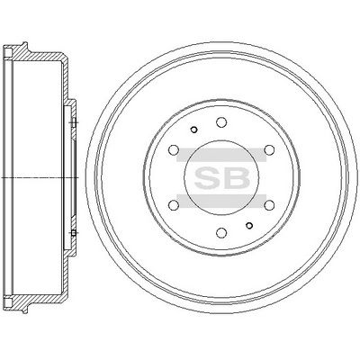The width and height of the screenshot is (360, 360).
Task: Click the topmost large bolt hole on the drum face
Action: [x=221, y=122]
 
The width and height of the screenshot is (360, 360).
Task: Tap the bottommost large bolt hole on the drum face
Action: [x=221, y=233]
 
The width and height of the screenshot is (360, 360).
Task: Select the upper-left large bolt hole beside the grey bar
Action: [x=174, y=149]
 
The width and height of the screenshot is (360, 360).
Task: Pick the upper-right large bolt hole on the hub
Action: [x=269, y=149]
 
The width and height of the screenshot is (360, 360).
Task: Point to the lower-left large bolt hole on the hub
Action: [x=174, y=205]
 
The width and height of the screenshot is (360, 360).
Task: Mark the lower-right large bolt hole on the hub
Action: [x=269, y=205]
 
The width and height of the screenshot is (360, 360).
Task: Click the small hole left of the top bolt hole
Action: [x=193, y=130]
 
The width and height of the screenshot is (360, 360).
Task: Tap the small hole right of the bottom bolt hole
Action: [x=249, y=225]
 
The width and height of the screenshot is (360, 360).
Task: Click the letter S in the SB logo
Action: [x=208, y=177]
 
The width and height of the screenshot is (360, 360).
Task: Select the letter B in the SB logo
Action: [x=236, y=177]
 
